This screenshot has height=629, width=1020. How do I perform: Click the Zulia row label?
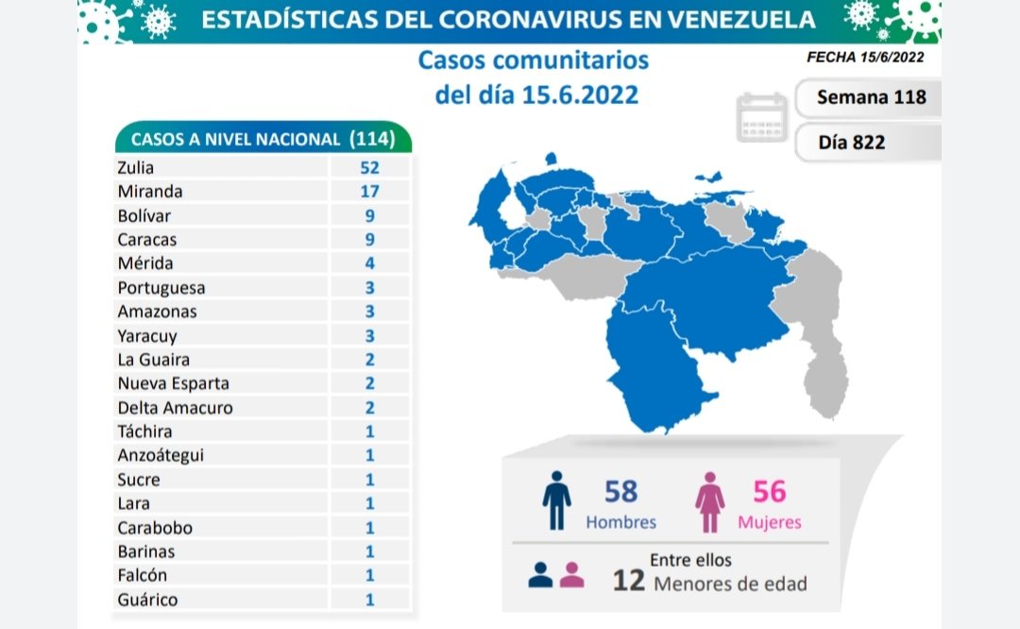136,167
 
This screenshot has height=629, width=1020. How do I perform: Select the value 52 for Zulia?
369,167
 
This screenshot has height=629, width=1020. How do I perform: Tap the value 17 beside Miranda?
369,191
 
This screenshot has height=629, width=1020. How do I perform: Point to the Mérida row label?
144,263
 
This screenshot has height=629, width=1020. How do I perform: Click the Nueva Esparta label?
173,383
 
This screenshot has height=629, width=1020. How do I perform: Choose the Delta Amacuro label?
175,407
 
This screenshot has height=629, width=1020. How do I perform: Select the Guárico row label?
147,599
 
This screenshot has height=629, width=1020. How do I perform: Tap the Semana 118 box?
870,96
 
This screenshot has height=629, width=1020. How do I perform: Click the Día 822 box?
851,142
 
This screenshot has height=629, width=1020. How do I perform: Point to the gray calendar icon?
762,117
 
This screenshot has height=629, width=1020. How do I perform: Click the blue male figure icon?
557,501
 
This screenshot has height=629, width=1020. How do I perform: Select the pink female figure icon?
709,502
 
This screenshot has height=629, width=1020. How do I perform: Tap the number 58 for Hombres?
620,492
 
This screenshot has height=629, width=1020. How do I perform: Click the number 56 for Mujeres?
770,492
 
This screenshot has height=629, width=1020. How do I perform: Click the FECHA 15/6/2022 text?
864,57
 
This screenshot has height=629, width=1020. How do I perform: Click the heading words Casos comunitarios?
534,60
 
